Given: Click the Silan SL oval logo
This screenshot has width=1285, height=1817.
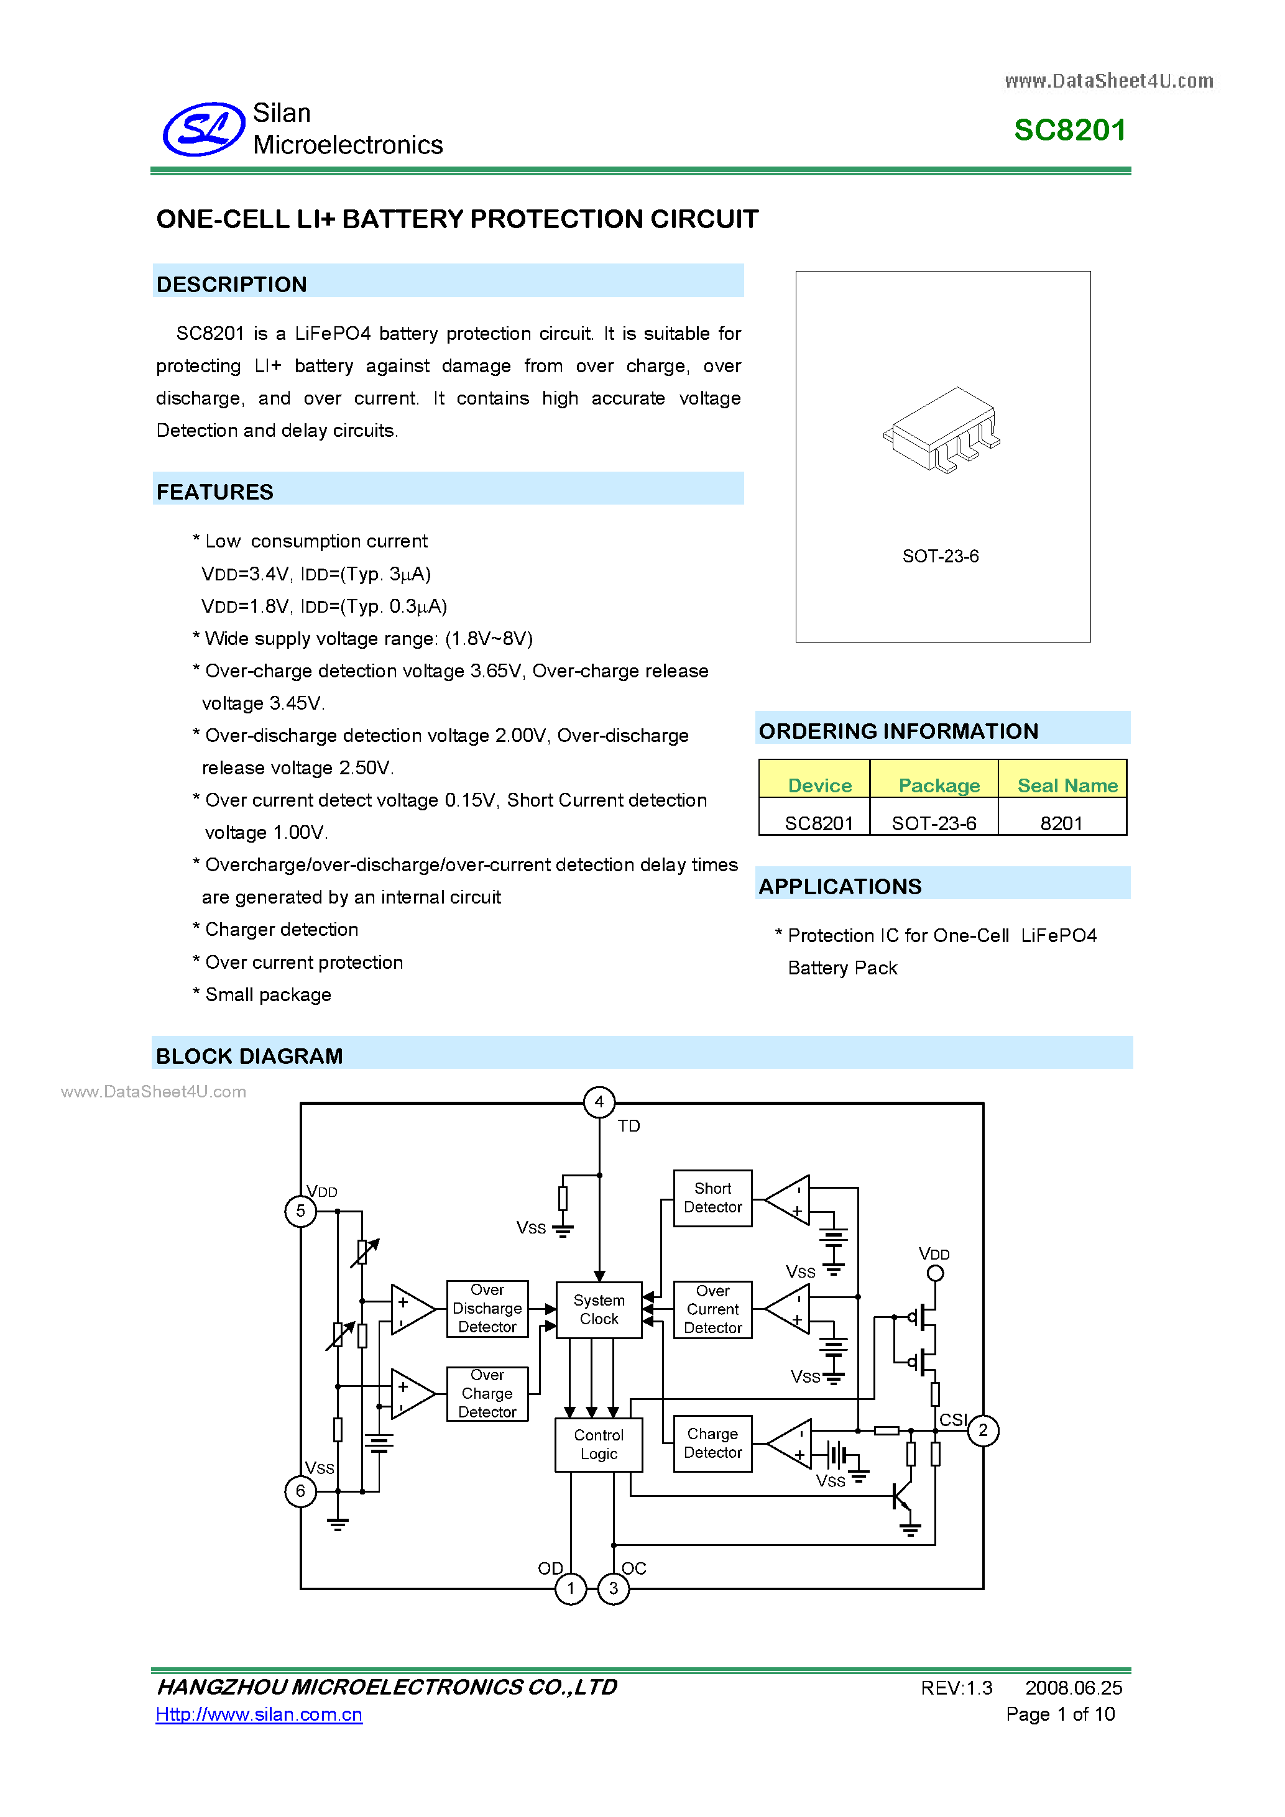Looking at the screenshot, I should point(203,129).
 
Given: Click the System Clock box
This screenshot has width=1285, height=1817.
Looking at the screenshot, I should point(599,1310).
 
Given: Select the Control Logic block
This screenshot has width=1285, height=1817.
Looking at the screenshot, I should point(599,1444).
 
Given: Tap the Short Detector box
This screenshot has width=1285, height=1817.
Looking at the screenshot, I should point(712,1198).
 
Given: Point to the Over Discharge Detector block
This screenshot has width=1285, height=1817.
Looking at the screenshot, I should point(487,1308).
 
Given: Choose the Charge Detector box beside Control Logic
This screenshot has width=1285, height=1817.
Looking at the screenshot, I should point(712,1444).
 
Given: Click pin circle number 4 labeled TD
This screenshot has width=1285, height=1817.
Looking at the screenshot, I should point(599,1102).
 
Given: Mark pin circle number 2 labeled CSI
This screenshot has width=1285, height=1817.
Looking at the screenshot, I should point(982,1430).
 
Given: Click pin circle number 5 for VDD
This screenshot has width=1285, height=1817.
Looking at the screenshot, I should point(300,1211).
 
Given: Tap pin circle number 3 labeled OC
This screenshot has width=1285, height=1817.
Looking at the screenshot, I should point(614,1588).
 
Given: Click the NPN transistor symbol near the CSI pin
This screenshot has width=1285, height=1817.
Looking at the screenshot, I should point(903,1496).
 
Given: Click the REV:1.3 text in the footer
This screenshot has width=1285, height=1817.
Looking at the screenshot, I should point(956,1688).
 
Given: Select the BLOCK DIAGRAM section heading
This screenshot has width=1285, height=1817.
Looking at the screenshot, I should point(249,1056).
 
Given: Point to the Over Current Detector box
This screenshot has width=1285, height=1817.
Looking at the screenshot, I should point(712,1310).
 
